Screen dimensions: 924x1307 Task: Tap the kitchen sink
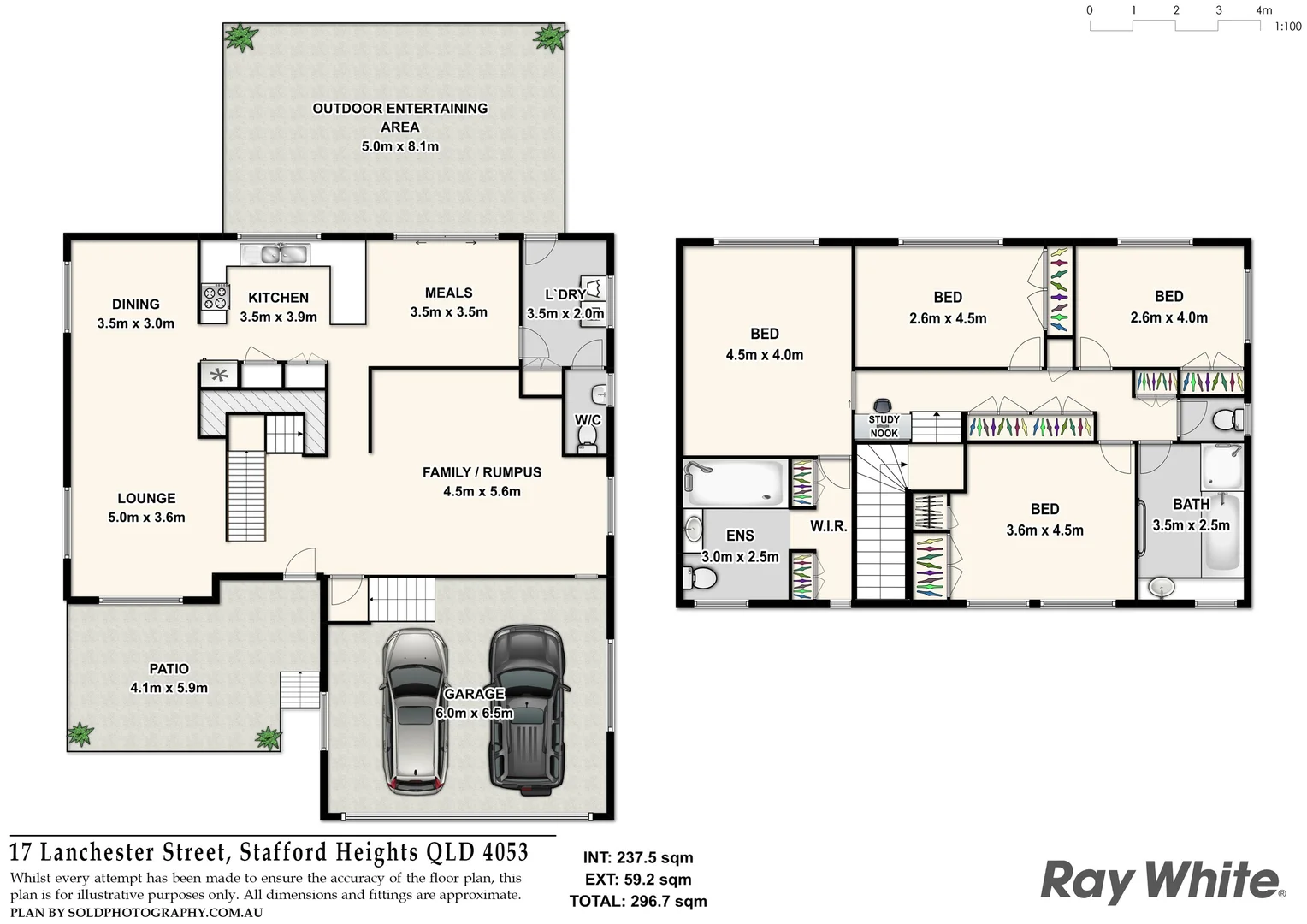pos(275,253)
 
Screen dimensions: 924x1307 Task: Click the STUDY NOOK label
pos(884,426)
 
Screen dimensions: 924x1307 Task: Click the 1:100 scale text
pos(1287,27)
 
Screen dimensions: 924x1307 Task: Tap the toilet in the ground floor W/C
pos(587,435)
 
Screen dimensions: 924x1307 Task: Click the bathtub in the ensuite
pos(734,483)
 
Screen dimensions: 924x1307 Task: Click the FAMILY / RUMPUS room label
pos(482,472)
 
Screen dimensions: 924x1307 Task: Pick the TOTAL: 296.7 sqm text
pos(638,901)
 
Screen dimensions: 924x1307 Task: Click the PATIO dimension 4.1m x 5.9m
pos(169,688)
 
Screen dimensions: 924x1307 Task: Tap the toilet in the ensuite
pos(700,578)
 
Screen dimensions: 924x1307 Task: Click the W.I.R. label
pos(828,526)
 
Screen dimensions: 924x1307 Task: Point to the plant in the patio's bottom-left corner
pos(80,734)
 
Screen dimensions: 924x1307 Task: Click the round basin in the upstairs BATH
pos(1161,587)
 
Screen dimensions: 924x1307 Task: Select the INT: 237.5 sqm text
pos(638,857)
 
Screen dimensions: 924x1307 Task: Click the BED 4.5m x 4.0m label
pos(764,344)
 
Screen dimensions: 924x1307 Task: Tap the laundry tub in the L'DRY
pos(592,288)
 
